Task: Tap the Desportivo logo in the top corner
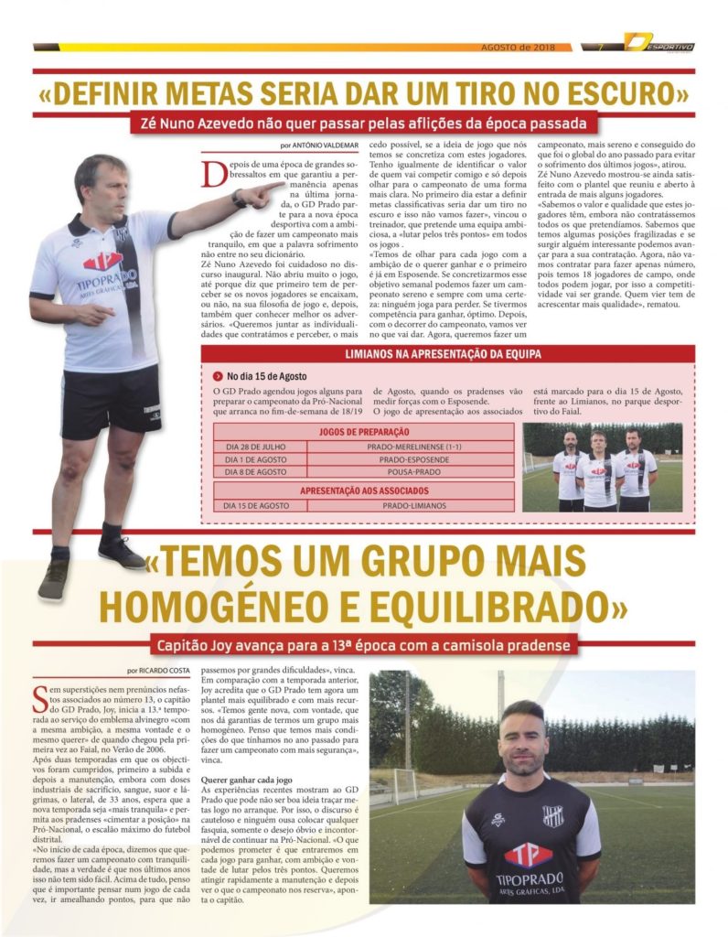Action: click(x=659, y=43)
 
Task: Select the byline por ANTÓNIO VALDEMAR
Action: click(x=320, y=145)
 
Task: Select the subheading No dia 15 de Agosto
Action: click(x=266, y=375)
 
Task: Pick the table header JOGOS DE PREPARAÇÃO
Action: click(x=364, y=431)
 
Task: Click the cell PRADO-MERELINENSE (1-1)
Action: click(x=411, y=446)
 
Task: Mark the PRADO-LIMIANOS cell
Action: click(x=411, y=504)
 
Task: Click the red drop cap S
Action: click(x=38, y=697)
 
